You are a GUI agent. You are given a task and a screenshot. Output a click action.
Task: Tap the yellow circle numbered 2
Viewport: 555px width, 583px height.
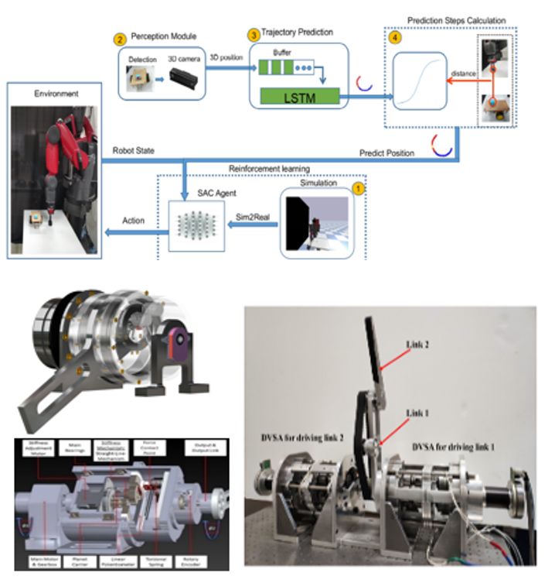(x=118, y=38)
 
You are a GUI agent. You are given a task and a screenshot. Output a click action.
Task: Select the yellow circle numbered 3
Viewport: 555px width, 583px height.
(x=254, y=35)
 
